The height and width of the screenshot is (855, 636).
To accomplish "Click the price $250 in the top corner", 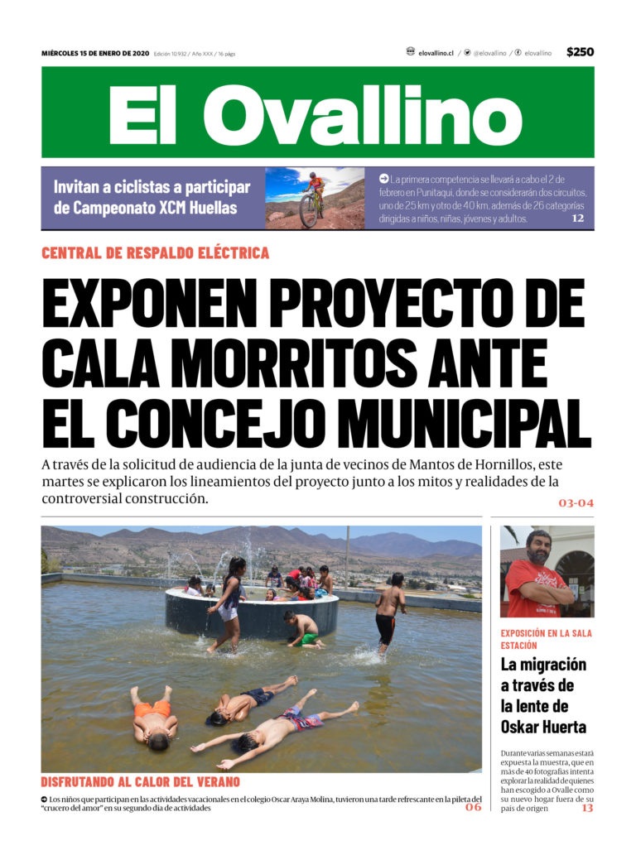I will click(580, 52).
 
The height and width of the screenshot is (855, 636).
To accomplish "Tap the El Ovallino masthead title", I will click(317, 114).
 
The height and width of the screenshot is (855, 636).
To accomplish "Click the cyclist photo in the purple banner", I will click(314, 198).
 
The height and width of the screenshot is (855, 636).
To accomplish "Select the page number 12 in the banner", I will click(577, 219).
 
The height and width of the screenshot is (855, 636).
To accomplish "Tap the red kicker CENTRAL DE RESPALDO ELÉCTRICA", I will click(155, 253).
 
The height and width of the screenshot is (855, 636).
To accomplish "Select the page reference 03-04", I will click(576, 502).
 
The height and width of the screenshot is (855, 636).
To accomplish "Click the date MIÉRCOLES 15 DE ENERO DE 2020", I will click(95, 53).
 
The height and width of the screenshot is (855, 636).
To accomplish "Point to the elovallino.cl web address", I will click(436, 53).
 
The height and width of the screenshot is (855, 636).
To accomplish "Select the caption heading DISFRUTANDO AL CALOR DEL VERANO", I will click(140, 781).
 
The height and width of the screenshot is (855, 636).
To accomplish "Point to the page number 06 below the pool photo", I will click(473, 807).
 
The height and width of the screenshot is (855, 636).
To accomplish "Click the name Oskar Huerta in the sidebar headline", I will click(543, 727).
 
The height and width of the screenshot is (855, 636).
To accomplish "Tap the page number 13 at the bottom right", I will click(586, 808).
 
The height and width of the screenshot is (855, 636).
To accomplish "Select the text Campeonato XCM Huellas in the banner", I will click(146, 208).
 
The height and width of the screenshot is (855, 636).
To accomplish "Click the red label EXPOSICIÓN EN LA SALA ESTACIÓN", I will click(546, 639).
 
